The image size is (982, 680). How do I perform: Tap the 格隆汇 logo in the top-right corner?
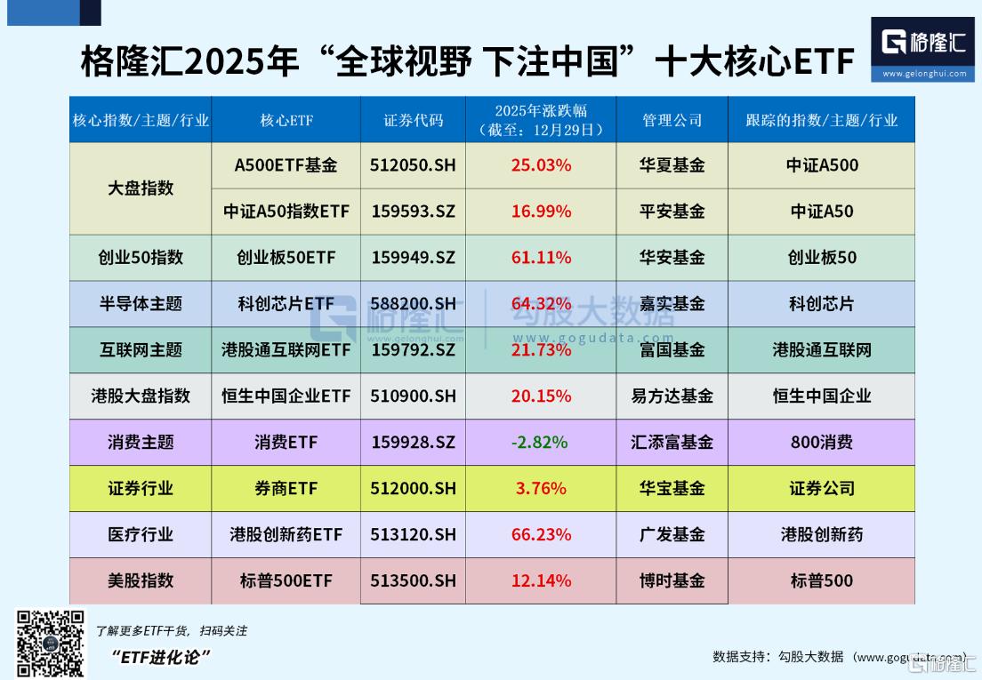[922, 49]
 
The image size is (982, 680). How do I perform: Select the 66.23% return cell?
[541, 535]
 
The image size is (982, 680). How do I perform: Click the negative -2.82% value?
[541, 443]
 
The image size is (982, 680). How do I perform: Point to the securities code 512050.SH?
[413, 165]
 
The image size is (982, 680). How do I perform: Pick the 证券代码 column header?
[413, 120]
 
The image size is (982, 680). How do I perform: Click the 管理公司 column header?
[672, 120]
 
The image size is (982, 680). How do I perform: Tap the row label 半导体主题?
[141, 304]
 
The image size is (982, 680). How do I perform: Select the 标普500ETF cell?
[286, 581]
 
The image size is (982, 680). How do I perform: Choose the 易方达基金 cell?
[672, 396]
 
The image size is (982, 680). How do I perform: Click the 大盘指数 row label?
[141, 188]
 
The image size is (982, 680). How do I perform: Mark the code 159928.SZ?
[413, 443]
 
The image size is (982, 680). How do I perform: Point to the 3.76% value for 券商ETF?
[541, 489]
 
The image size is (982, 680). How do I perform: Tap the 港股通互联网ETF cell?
[286, 350]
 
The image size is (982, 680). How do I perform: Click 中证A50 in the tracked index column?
[821, 212]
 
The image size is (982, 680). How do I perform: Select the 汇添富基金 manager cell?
[672, 443]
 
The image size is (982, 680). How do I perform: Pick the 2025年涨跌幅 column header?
[541, 120]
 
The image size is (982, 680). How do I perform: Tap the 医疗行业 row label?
[141, 535]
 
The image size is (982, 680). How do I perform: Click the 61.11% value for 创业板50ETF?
[541, 258]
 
